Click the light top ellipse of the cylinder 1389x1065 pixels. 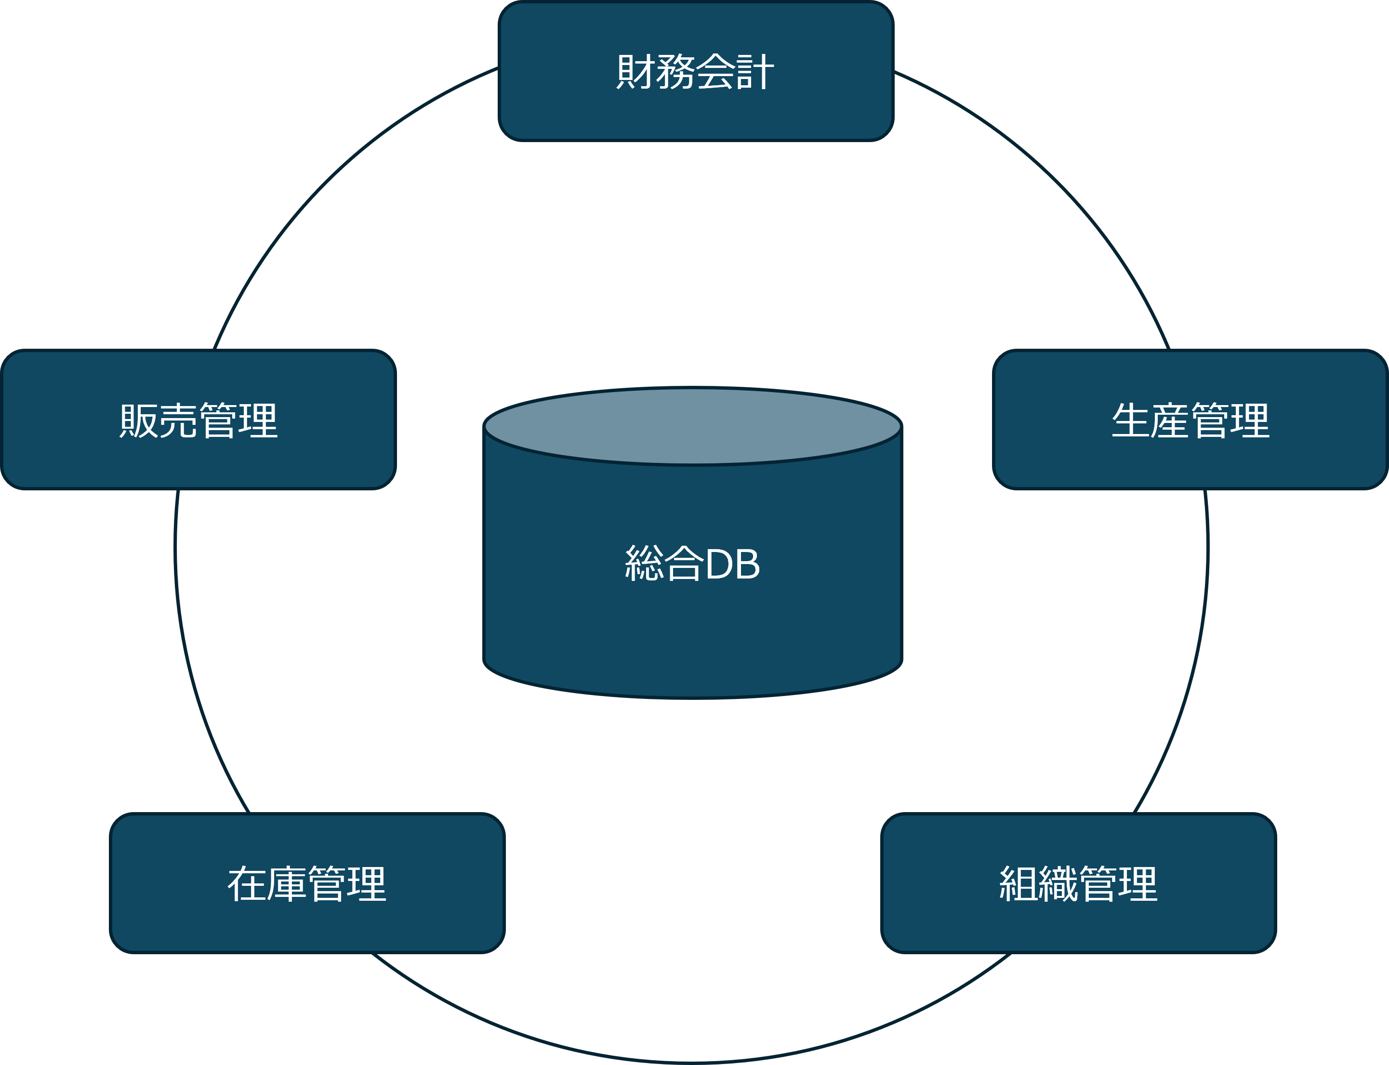pyautogui.click(x=692, y=425)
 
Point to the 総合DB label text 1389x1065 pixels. pyautogui.click(x=692, y=564)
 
